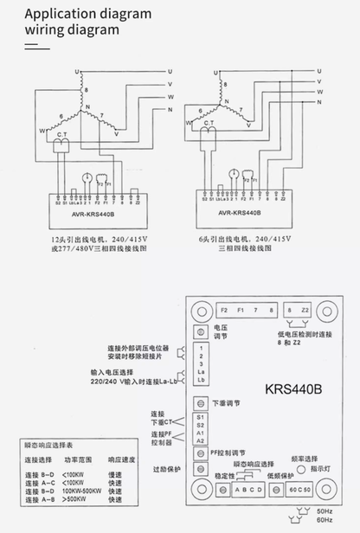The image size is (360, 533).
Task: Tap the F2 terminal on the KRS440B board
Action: click(223, 309)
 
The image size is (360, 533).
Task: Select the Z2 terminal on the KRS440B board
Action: click(305, 309)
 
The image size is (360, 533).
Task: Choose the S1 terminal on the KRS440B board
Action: click(201, 417)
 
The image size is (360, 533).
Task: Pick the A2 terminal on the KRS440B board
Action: click(201, 440)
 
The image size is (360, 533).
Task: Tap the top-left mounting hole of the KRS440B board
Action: click(198, 310)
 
